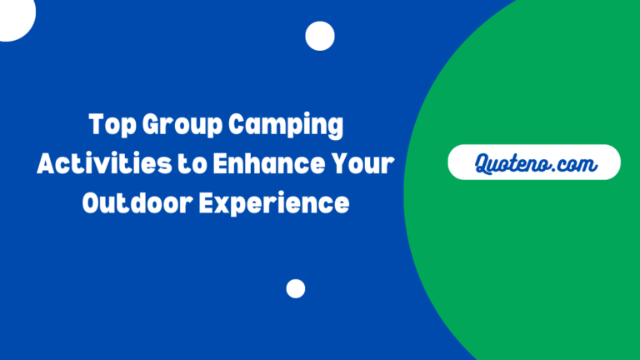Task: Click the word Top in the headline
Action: [x=110, y=127]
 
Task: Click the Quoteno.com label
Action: [x=534, y=162]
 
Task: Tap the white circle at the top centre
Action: [x=319, y=36]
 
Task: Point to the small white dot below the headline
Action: [x=296, y=288]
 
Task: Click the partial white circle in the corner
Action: [x=15, y=15]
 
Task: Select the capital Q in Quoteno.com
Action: [x=483, y=162]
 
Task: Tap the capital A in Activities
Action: [x=47, y=164]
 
